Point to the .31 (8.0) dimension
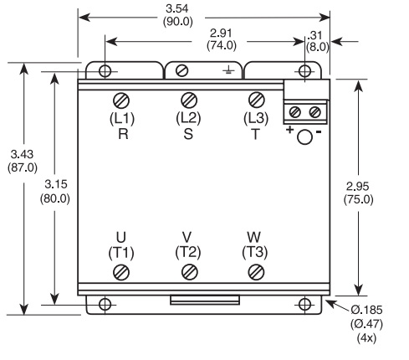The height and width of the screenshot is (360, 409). (x=317, y=40)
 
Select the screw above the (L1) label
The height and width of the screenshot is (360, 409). (x=122, y=100)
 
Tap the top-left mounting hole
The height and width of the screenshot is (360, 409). (x=105, y=70)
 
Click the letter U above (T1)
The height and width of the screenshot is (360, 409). (x=122, y=238)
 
